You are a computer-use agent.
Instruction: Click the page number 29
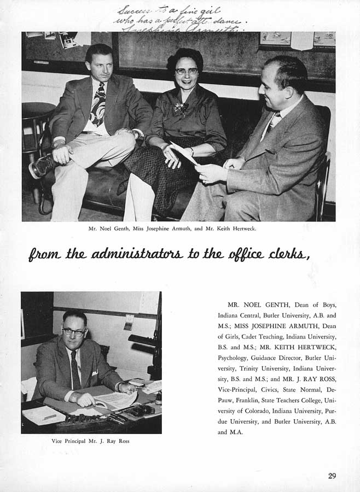click(x=332, y=475)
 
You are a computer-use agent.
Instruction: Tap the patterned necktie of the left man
click(x=98, y=104)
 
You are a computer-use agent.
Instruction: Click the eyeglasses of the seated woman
click(x=187, y=71)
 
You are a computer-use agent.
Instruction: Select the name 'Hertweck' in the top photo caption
click(x=242, y=229)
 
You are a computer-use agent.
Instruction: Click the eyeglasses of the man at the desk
click(x=74, y=332)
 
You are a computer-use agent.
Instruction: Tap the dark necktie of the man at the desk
click(x=76, y=369)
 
